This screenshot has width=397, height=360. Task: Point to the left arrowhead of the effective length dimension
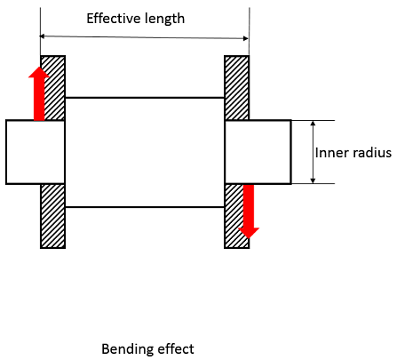coord(44,36)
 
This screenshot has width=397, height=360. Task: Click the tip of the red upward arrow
coord(38,67)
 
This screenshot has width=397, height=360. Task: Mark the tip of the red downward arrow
coord(249,236)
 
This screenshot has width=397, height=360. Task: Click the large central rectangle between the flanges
coord(144,152)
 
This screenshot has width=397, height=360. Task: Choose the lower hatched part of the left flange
coord(52,216)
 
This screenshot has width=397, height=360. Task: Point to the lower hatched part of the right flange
coord(233,216)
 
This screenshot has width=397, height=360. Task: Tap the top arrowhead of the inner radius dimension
coord(313,124)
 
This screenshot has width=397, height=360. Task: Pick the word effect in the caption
coord(175,348)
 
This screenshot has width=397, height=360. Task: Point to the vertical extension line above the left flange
coord(40,27)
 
